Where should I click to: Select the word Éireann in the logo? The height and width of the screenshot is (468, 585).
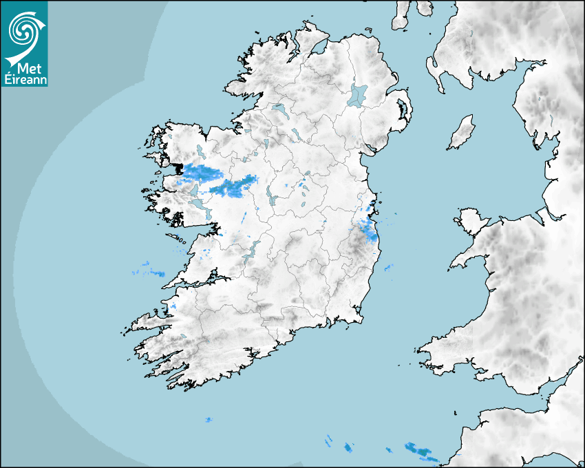pyautogui.click(x=25, y=79)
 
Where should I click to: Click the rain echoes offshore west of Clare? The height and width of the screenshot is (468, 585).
pyautogui.click(x=151, y=272)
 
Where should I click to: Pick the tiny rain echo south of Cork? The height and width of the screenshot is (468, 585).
pyautogui.click(x=209, y=419)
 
